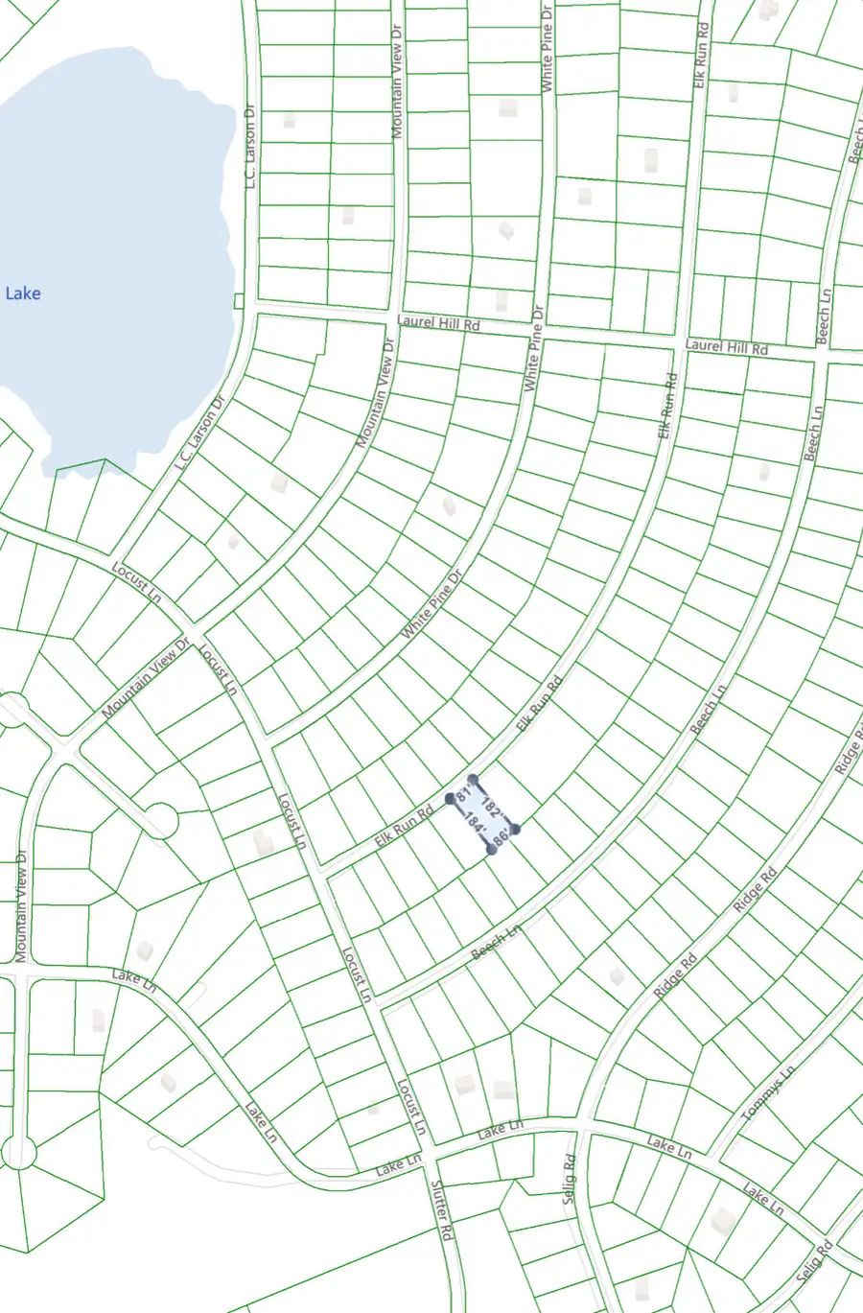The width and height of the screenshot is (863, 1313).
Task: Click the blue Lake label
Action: click(x=23, y=293)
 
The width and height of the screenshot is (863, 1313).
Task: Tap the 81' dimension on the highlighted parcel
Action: click(x=465, y=795)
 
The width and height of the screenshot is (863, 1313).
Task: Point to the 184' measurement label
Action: click(x=474, y=823)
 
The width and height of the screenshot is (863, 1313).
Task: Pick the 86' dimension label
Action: click(x=501, y=837)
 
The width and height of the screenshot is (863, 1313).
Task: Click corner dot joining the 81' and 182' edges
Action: click(x=473, y=780)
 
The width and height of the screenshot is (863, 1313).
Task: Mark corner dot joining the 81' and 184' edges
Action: click(x=451, y=798)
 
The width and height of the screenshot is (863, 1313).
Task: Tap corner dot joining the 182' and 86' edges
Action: click(x=515, y=829)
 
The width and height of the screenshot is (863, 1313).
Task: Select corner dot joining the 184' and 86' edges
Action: click(x=492, y=850)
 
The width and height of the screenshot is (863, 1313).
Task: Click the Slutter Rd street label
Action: click(x=440, y=1210)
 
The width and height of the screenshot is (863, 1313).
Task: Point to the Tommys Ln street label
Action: click(x=768, y=1092)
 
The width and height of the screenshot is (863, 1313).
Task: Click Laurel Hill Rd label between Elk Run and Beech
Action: click(x=726, y=346)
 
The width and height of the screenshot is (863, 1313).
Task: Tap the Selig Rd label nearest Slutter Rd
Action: click(x=570, y=1179)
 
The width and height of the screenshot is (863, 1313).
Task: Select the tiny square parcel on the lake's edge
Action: click(x=239, y=301)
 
